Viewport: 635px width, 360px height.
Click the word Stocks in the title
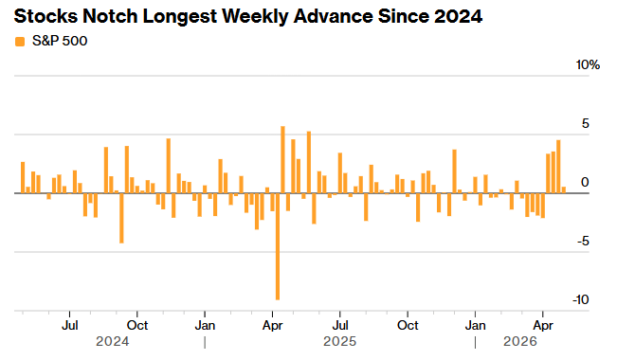(x=43, y=16)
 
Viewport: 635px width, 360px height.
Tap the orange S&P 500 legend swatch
(x=20, y=41)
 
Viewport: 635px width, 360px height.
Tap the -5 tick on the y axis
(x=584, y=242)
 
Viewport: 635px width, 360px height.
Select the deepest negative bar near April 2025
(x=278, y=246)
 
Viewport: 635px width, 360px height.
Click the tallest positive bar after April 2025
(x=283, y=159)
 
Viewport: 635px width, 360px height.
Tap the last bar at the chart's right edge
(x=564, y=189)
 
